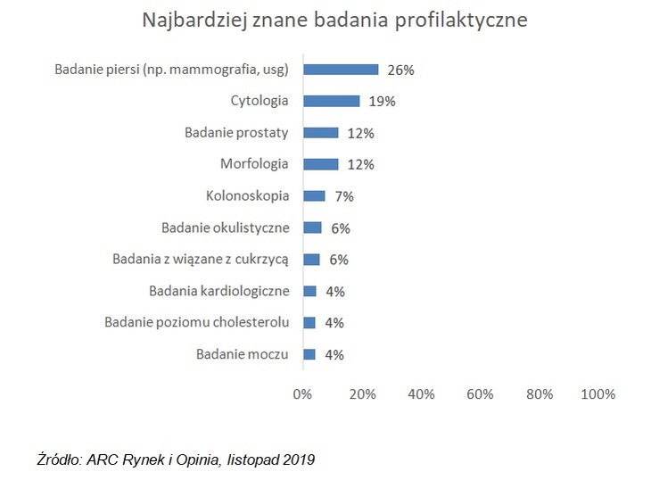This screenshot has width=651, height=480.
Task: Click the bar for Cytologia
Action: point(332,101)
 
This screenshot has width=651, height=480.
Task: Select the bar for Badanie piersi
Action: point(341,70)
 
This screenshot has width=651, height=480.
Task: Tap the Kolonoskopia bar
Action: point(314,196)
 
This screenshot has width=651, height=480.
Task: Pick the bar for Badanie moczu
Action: point(309,354)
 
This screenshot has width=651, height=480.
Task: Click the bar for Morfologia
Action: point(321,164)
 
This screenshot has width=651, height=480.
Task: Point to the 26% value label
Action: point(400,70)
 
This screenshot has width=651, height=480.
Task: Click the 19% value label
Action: point(382,102)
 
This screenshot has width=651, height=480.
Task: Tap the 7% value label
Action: point(344,196)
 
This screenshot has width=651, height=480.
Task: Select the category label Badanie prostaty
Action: point(236,132)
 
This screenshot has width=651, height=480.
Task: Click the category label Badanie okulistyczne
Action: point(226,228)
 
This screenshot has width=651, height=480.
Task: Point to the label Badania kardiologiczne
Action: point(219,291)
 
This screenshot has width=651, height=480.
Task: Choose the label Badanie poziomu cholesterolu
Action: point(197,322)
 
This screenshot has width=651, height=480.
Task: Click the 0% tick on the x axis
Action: point(302,393)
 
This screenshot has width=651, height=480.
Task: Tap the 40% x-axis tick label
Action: point(421,393)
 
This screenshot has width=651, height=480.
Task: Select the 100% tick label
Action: point(597,393)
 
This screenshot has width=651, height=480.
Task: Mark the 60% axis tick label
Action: point(480,393)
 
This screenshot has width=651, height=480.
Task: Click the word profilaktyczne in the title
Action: point(461,21)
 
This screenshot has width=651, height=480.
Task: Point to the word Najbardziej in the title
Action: point(194,21)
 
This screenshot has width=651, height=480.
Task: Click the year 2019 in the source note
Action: point(299,459)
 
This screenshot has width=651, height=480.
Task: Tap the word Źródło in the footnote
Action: point(61,459)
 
